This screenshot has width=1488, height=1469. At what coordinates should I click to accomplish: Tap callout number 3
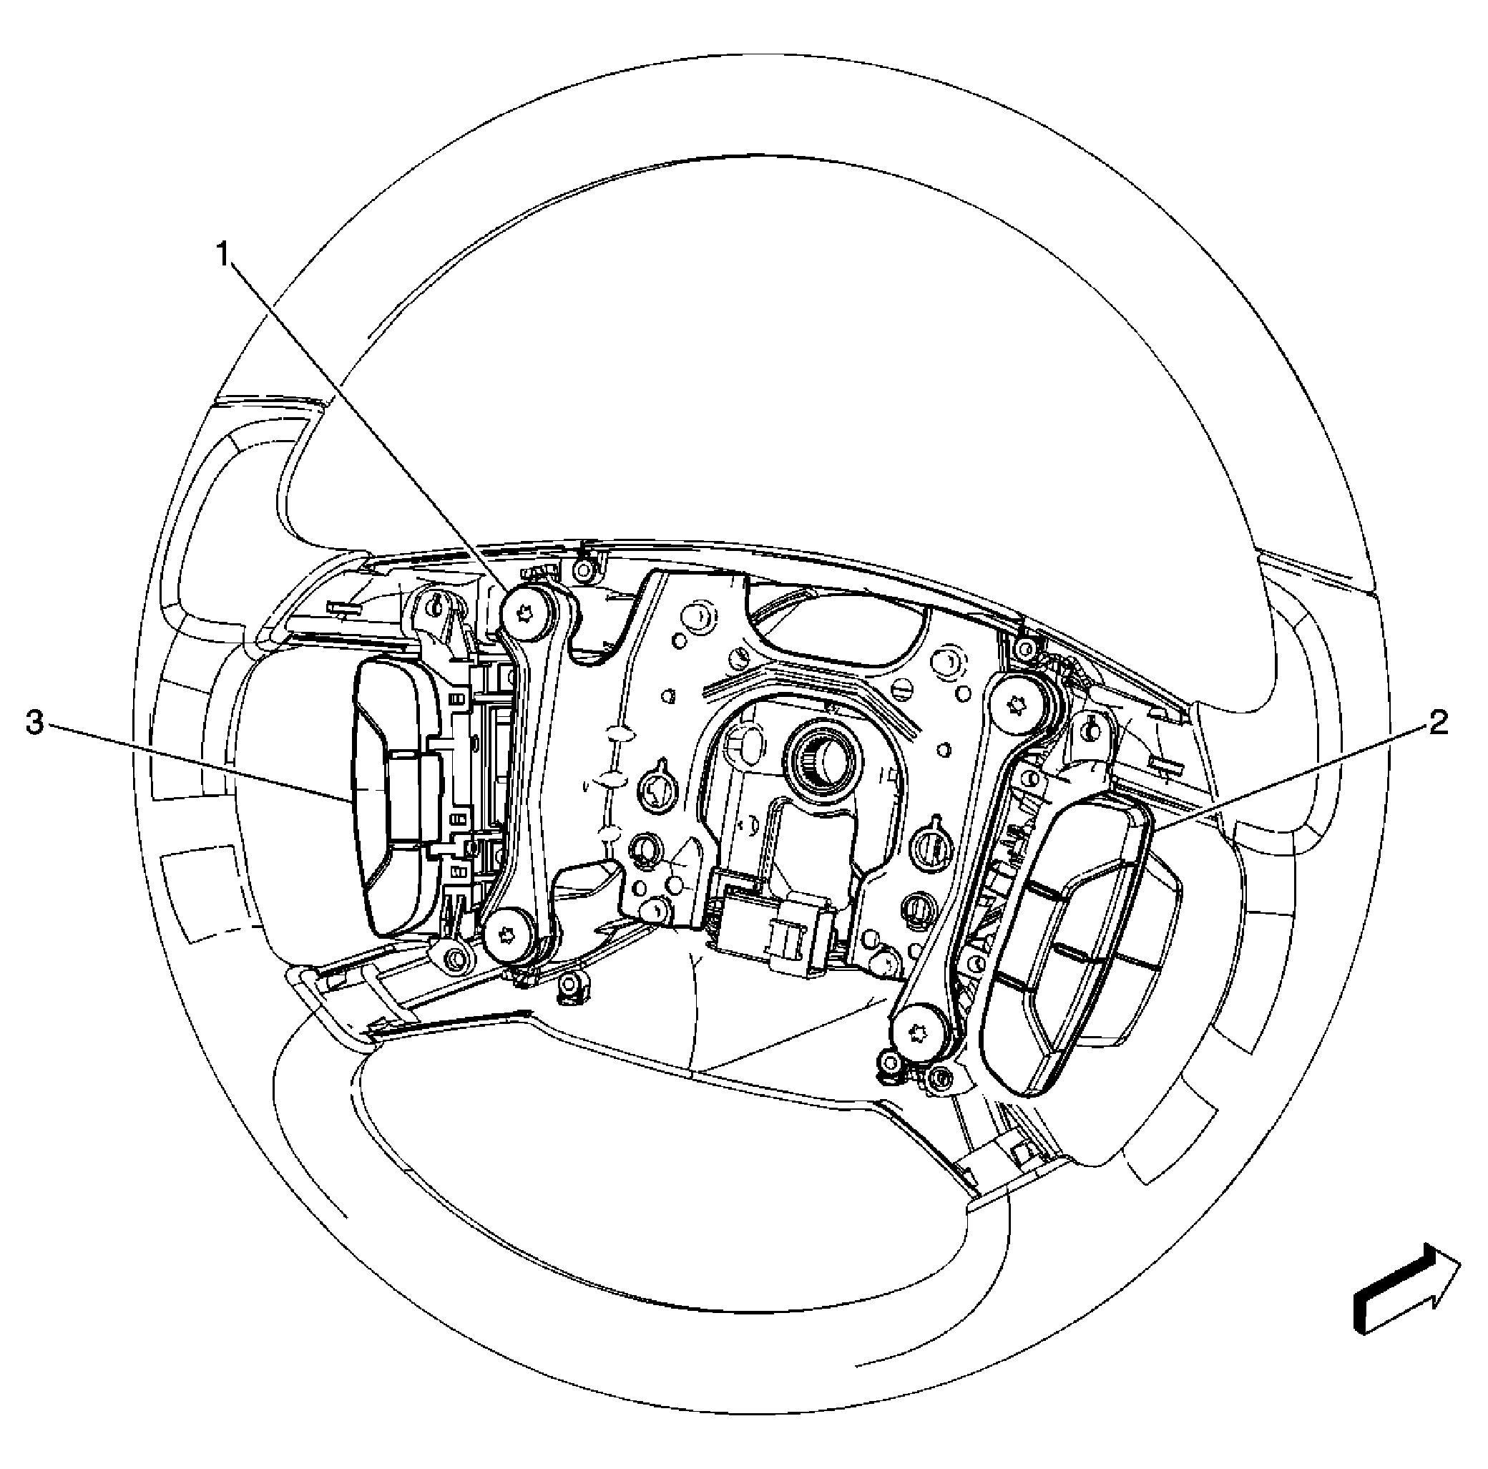pos(34,723)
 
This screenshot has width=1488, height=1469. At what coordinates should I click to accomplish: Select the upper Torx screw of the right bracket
pos(1016,703)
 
